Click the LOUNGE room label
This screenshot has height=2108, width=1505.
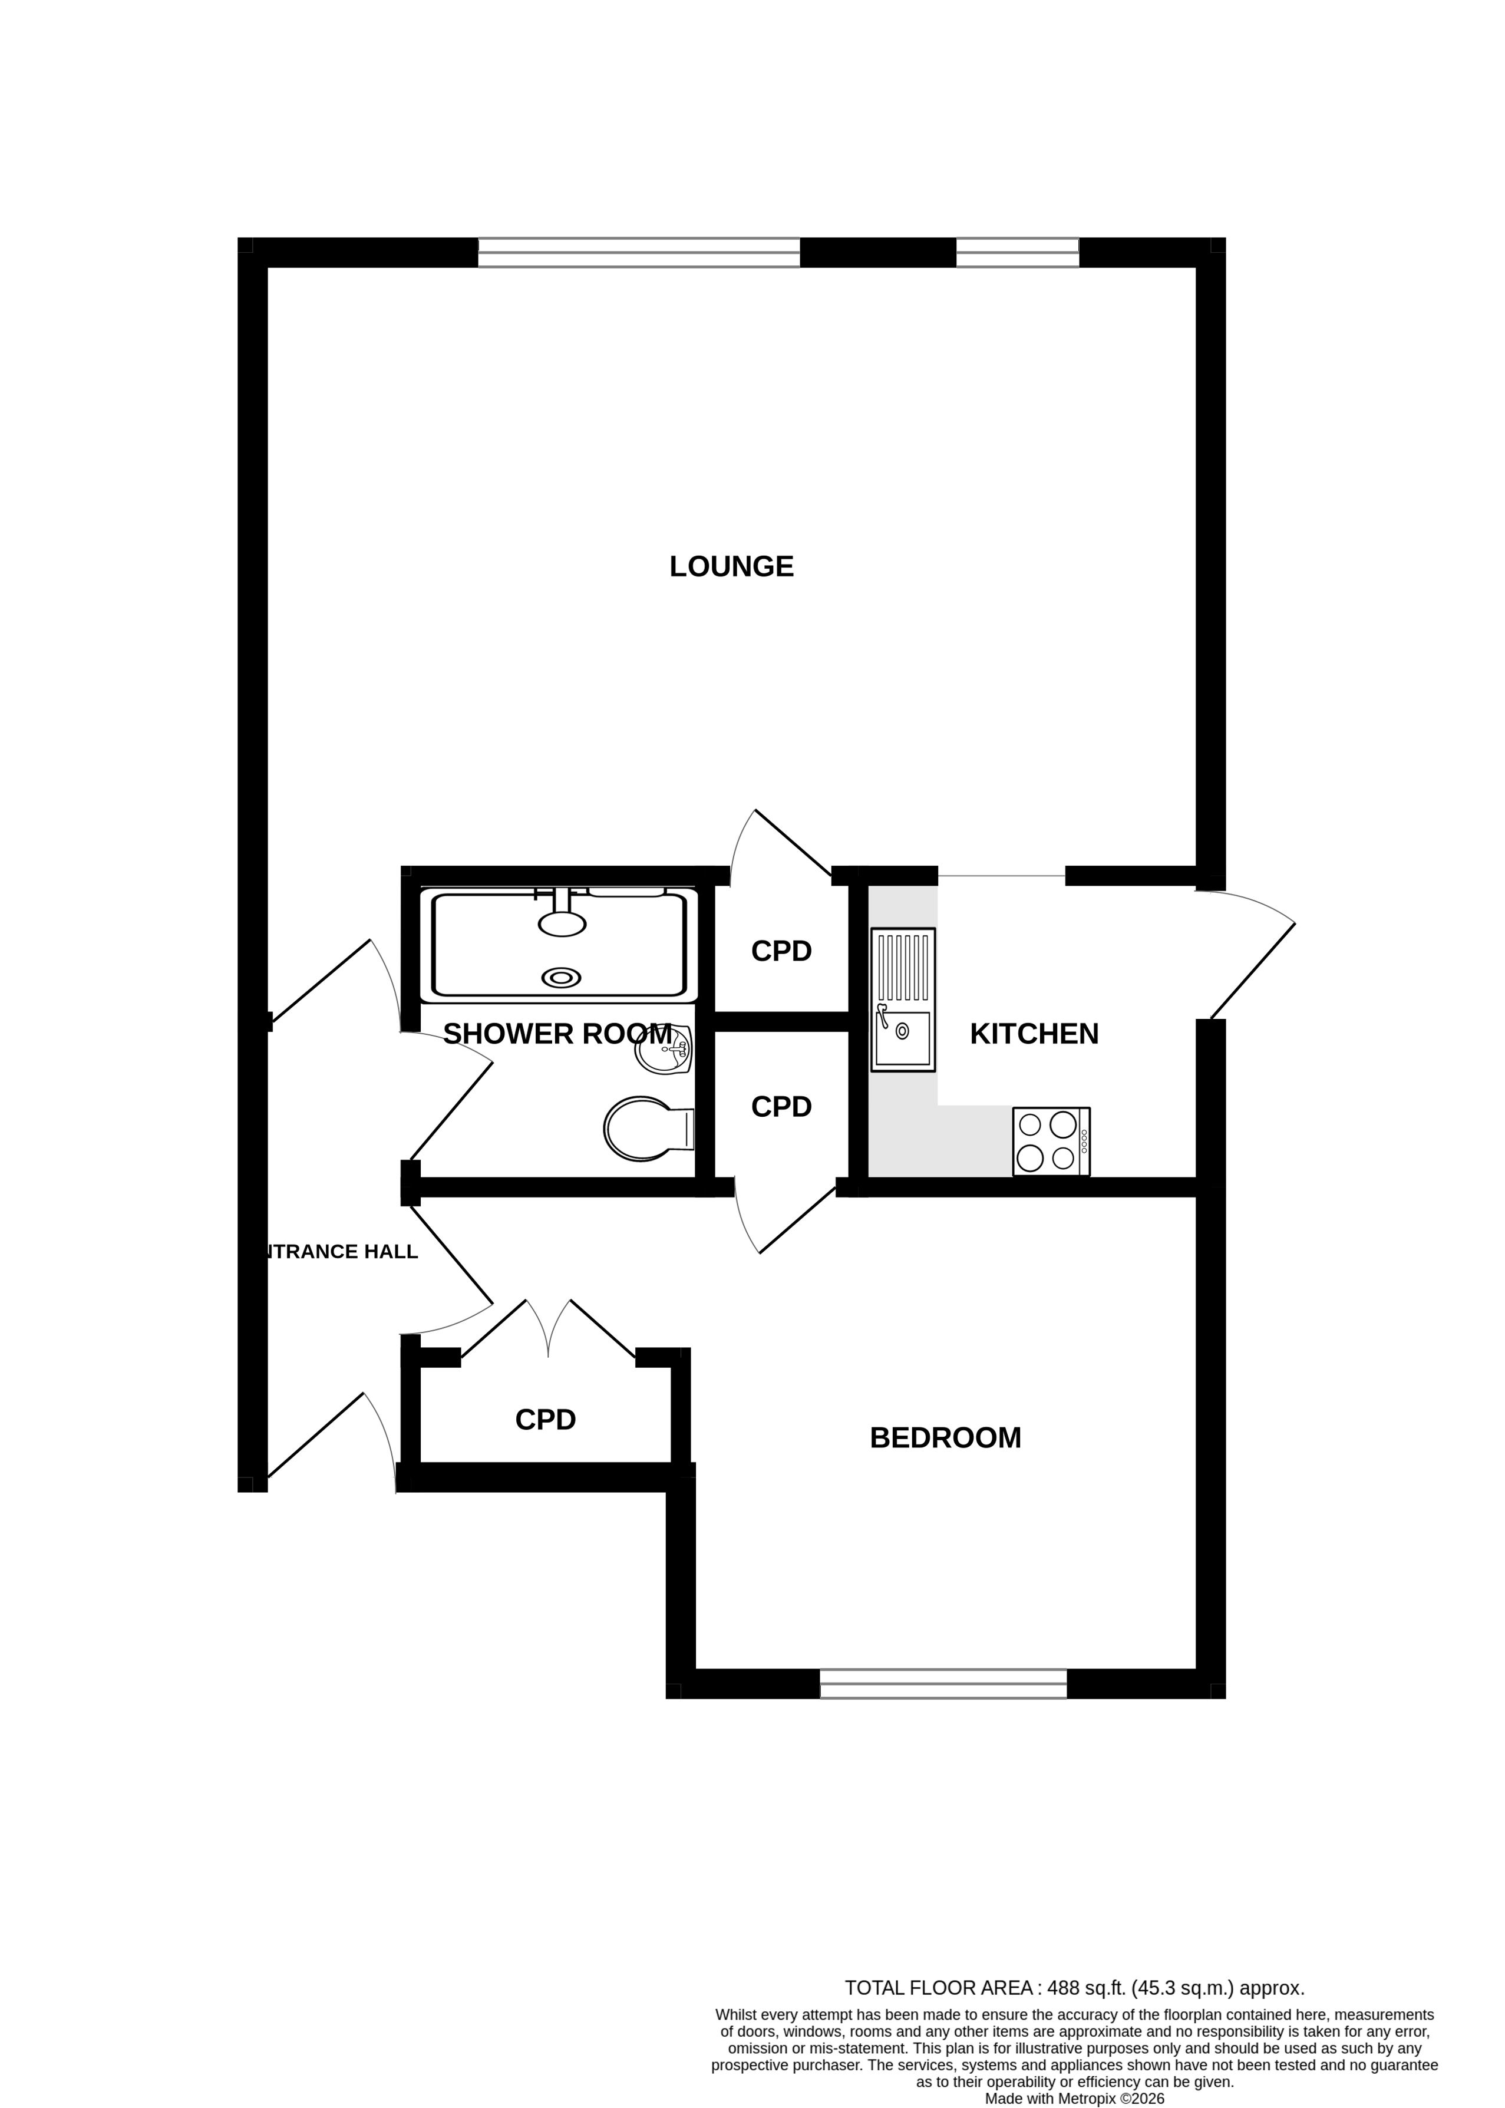point(731,566)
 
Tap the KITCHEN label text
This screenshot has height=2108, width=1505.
point(1034,1033)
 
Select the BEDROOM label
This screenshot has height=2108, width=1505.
point(945,1437)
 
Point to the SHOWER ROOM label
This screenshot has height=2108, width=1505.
point(556,1033)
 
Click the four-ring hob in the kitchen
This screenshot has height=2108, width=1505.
point(1050,1141)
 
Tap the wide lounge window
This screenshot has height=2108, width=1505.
point(639,252)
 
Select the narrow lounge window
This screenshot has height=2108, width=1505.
point(1016,252)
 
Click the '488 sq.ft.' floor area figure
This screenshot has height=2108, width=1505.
point(1085,1988)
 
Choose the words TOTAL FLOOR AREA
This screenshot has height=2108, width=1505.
point(938,1988)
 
